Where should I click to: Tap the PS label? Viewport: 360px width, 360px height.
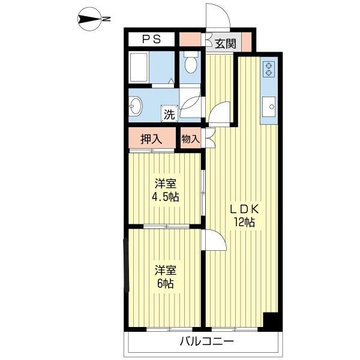[151, 40]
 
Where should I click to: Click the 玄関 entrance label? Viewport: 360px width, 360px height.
[225, 43]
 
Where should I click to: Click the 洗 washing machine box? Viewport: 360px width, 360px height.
[170, 112]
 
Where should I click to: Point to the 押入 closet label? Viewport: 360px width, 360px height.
[151, 139]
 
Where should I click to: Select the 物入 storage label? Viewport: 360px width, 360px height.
[190, 139]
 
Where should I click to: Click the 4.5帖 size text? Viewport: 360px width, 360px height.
[165, 197]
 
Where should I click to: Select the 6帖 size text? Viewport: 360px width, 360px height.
[165, 284]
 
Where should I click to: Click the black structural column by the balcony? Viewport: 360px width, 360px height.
[272, 321]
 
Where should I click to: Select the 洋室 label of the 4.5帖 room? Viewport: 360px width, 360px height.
[165, 184]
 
